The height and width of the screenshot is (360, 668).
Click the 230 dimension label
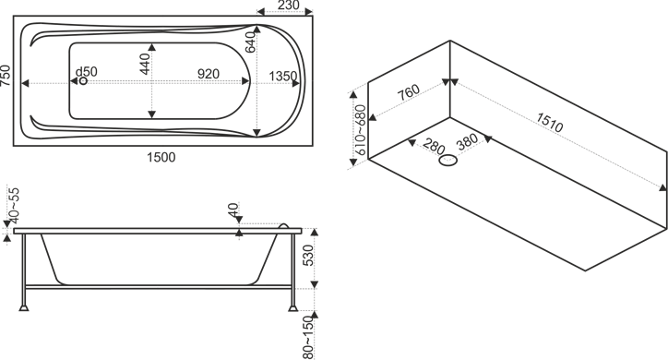pyautogui.click(x=289, y=6)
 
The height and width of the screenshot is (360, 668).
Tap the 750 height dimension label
pyautogui.click(x=6, y=76)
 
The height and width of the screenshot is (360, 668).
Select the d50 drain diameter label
pyautogui.click(x=87, y=72)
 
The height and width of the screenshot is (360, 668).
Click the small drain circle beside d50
pyautogui.click(x=83, y=80)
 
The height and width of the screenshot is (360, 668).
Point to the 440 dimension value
pyautogui.click(x=145, y=64)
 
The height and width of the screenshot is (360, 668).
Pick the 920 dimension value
pyautogui.click(x=209, y=74)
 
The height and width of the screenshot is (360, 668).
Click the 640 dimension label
pyautogui.click(x=251, y=42)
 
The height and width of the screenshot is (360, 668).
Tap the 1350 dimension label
pyautogui.click(x=283, y=76)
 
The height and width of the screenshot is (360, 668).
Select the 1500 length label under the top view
pyautogui.click(x=161, y=157)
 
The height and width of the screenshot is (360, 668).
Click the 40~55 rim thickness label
pyautogui.click(x=14, y=205)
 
